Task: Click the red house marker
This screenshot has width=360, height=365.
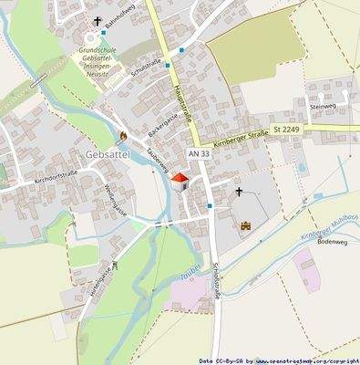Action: [180, 181]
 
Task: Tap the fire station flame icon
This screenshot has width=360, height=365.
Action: [123, 137]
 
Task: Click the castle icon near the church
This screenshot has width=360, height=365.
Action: [245, 224]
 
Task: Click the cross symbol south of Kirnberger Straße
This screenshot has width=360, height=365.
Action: [240, 192]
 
